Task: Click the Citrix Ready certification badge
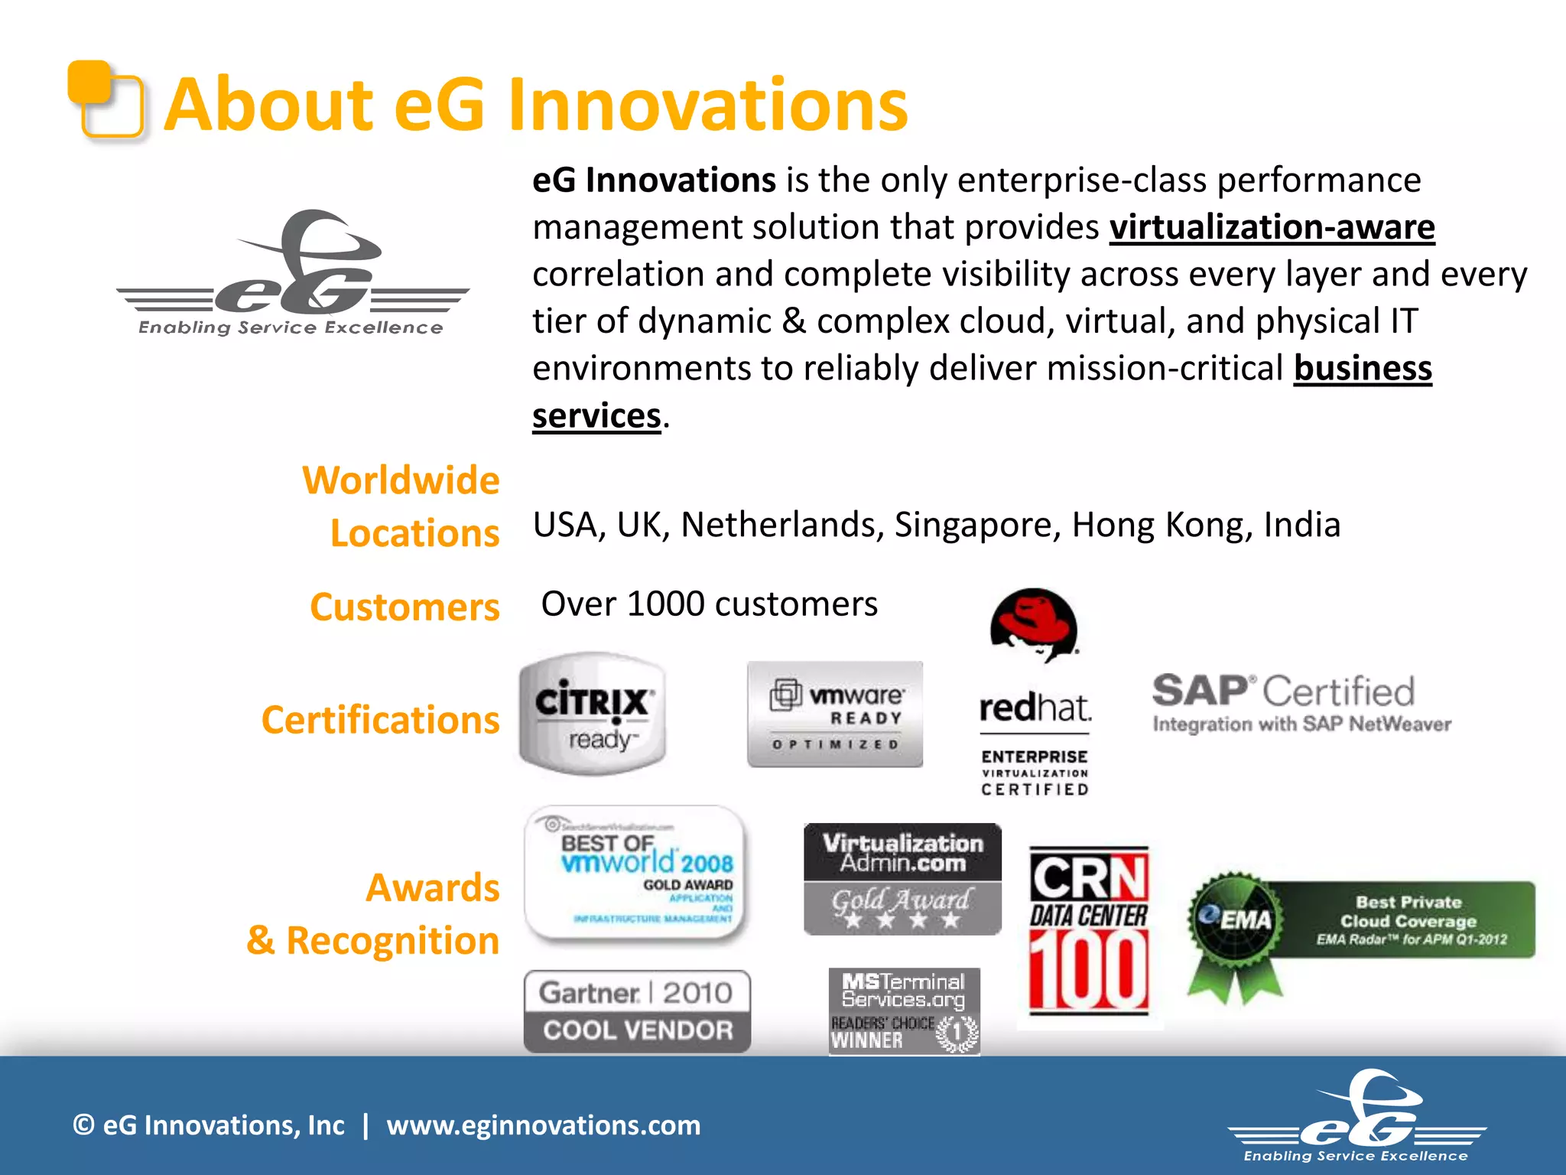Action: (593, 713)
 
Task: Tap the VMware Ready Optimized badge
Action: (835, 714)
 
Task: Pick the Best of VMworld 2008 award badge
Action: (636, 873)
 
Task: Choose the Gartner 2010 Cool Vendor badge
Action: (637, 1011)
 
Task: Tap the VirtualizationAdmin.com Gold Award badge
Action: (902, 879)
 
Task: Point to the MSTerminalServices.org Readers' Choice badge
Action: (904, 1011)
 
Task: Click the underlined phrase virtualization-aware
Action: (1272, 227)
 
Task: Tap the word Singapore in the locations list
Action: (977, 525)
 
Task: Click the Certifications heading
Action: (380, 720)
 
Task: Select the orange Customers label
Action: (404, 607)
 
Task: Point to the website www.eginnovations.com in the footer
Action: (543, 1125)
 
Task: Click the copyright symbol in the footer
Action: (83, 1125)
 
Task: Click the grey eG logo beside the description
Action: (292, 272)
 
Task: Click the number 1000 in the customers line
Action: (666, 604)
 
